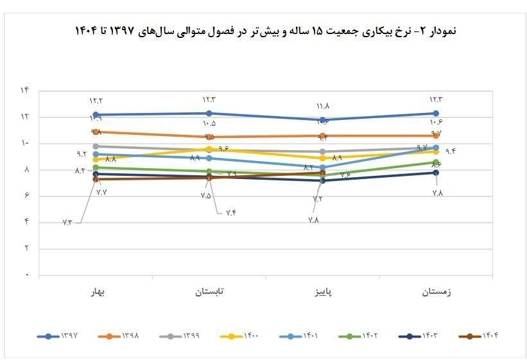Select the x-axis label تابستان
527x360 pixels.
209,291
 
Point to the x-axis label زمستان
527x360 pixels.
436,291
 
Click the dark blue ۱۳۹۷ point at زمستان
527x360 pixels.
436,113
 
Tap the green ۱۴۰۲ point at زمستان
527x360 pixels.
436,162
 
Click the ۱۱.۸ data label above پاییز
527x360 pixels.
322,106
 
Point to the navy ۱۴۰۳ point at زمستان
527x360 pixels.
436,173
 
